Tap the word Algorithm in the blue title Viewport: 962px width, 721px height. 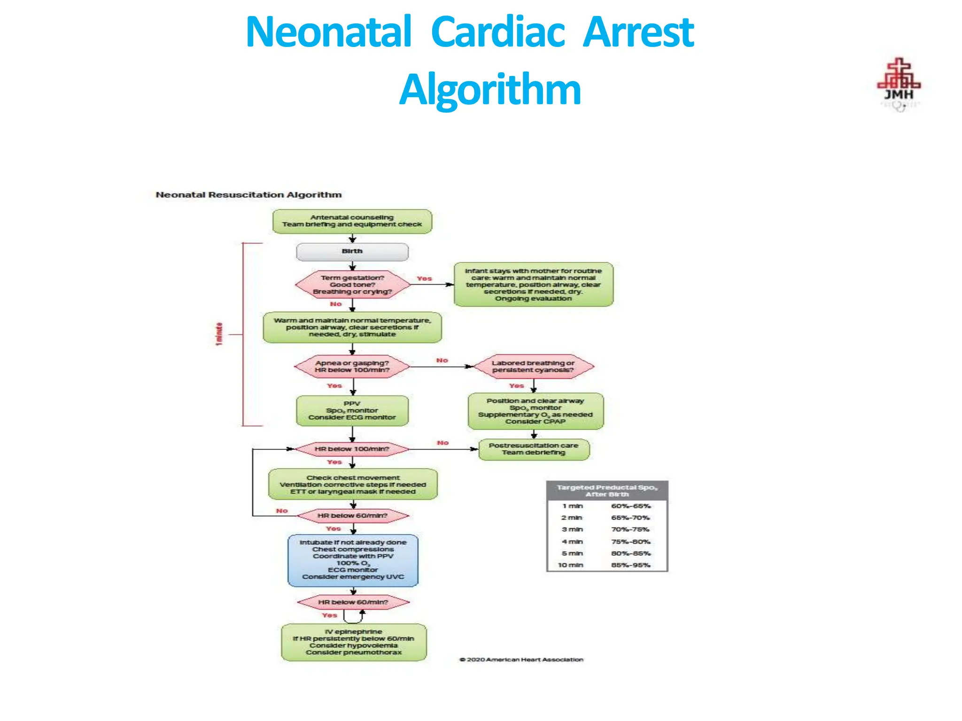point(490,89)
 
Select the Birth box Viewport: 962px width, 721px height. point(352,252)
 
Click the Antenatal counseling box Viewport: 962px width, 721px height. point(352,221)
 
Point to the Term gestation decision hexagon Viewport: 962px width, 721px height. point(352,285)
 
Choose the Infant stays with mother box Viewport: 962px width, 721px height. point(533,285)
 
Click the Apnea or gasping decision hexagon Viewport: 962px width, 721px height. point(352,367)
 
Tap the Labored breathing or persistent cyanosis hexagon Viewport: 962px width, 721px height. point(533,367)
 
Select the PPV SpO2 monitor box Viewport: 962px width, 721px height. point(352,411)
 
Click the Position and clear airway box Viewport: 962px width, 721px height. point(535,411)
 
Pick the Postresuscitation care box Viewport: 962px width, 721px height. point(534,449)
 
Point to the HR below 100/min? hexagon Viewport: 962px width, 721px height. point(352,449)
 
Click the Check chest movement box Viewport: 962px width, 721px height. point(353,484)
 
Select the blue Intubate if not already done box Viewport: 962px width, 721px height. point(353,560)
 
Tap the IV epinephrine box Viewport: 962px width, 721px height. point(354,642)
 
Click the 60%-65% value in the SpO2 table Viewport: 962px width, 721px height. point(631,506)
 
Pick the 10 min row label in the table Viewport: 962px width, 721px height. point(571,565)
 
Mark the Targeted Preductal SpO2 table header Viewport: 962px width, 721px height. point(607,491)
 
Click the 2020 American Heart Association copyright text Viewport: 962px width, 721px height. point(521,660)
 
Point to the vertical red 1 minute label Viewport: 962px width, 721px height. point(219,334)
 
